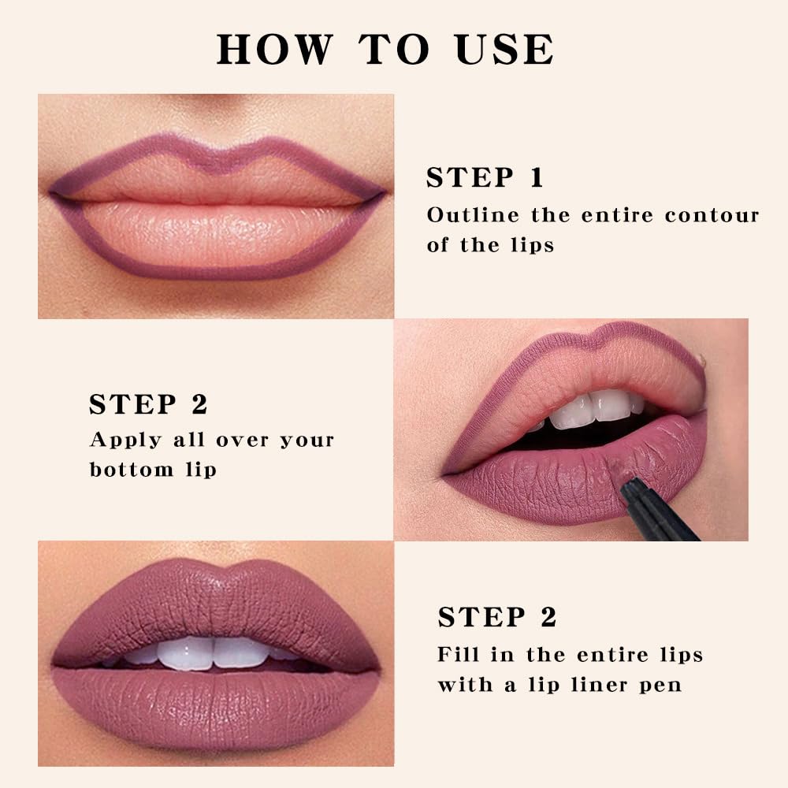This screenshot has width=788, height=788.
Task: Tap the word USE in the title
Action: point(506,50)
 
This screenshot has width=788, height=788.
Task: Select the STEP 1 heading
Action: point(485,177)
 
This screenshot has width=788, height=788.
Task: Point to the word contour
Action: point(712,215)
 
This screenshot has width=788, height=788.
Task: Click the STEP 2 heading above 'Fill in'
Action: point(497,617)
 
